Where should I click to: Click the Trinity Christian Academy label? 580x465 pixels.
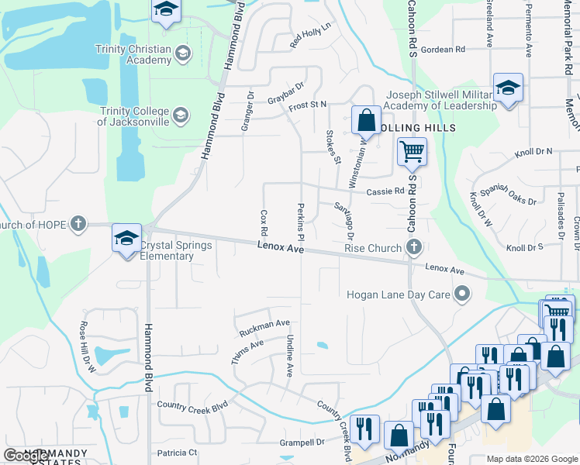pos(133,54)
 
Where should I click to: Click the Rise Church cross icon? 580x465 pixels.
pos(414,248)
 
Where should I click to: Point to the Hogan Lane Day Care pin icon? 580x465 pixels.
pos(462,294)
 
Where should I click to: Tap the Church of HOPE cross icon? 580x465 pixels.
pos(78,225)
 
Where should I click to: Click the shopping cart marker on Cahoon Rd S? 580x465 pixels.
pos(412,151)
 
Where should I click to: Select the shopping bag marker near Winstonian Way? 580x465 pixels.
pos(366,121)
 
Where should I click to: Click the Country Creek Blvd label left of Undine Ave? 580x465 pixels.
pos(192,405)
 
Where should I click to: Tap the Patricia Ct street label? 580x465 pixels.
pos(177,453)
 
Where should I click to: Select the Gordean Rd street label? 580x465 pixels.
pos(442,49)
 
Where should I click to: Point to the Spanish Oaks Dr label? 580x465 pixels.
pos(508,195)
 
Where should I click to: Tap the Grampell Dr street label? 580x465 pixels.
pos(302,443)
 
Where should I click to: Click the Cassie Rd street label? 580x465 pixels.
pos(385,191)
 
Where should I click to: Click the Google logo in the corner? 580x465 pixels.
pos(26,456)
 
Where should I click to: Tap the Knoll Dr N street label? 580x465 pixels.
pos(533,152)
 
